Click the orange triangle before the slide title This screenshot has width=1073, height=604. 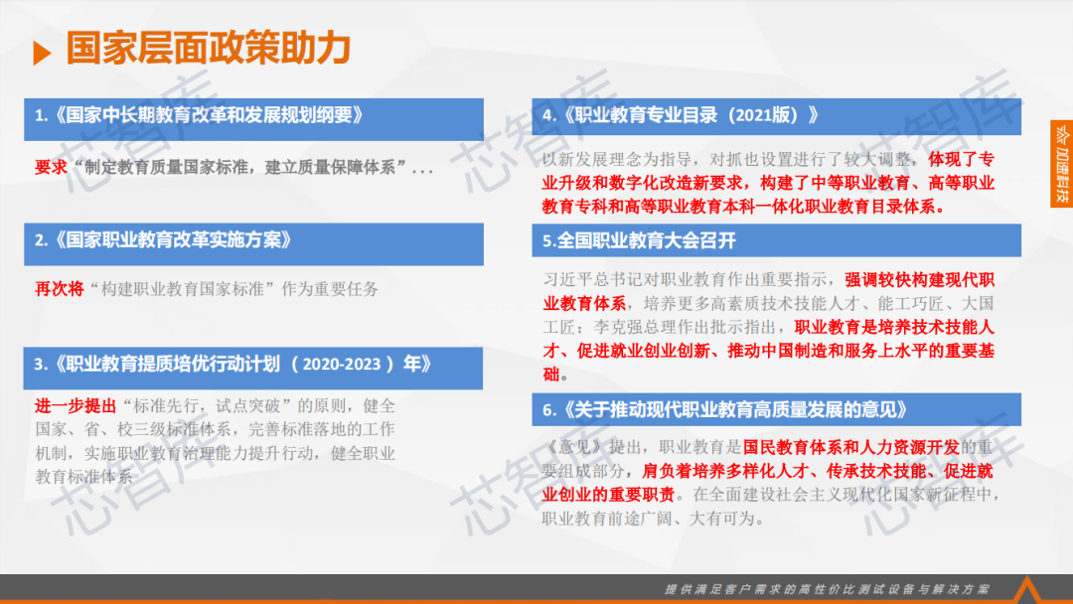click(42, 53)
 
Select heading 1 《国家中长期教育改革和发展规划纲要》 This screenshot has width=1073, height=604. click(200, 115)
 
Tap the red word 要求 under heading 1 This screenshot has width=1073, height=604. click(51, 167)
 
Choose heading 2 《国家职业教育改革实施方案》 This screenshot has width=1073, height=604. click(164, 240)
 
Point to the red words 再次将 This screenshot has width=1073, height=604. click(59, 289)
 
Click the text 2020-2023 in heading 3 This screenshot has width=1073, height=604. click(342, 364)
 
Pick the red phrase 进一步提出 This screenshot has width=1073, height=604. click(76, 405)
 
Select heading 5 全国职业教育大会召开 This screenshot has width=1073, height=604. click(639, 240)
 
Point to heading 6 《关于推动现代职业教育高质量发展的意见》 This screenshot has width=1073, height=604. click(724, 409)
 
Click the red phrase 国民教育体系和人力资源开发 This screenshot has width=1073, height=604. click(851, 447)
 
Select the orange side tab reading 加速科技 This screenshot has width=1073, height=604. click(1061, 164)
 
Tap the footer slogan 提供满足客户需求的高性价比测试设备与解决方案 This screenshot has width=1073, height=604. click(828, 589)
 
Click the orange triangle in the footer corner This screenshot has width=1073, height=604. click(1026, 590)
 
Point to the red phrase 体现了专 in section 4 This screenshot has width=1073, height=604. click(961, 159)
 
